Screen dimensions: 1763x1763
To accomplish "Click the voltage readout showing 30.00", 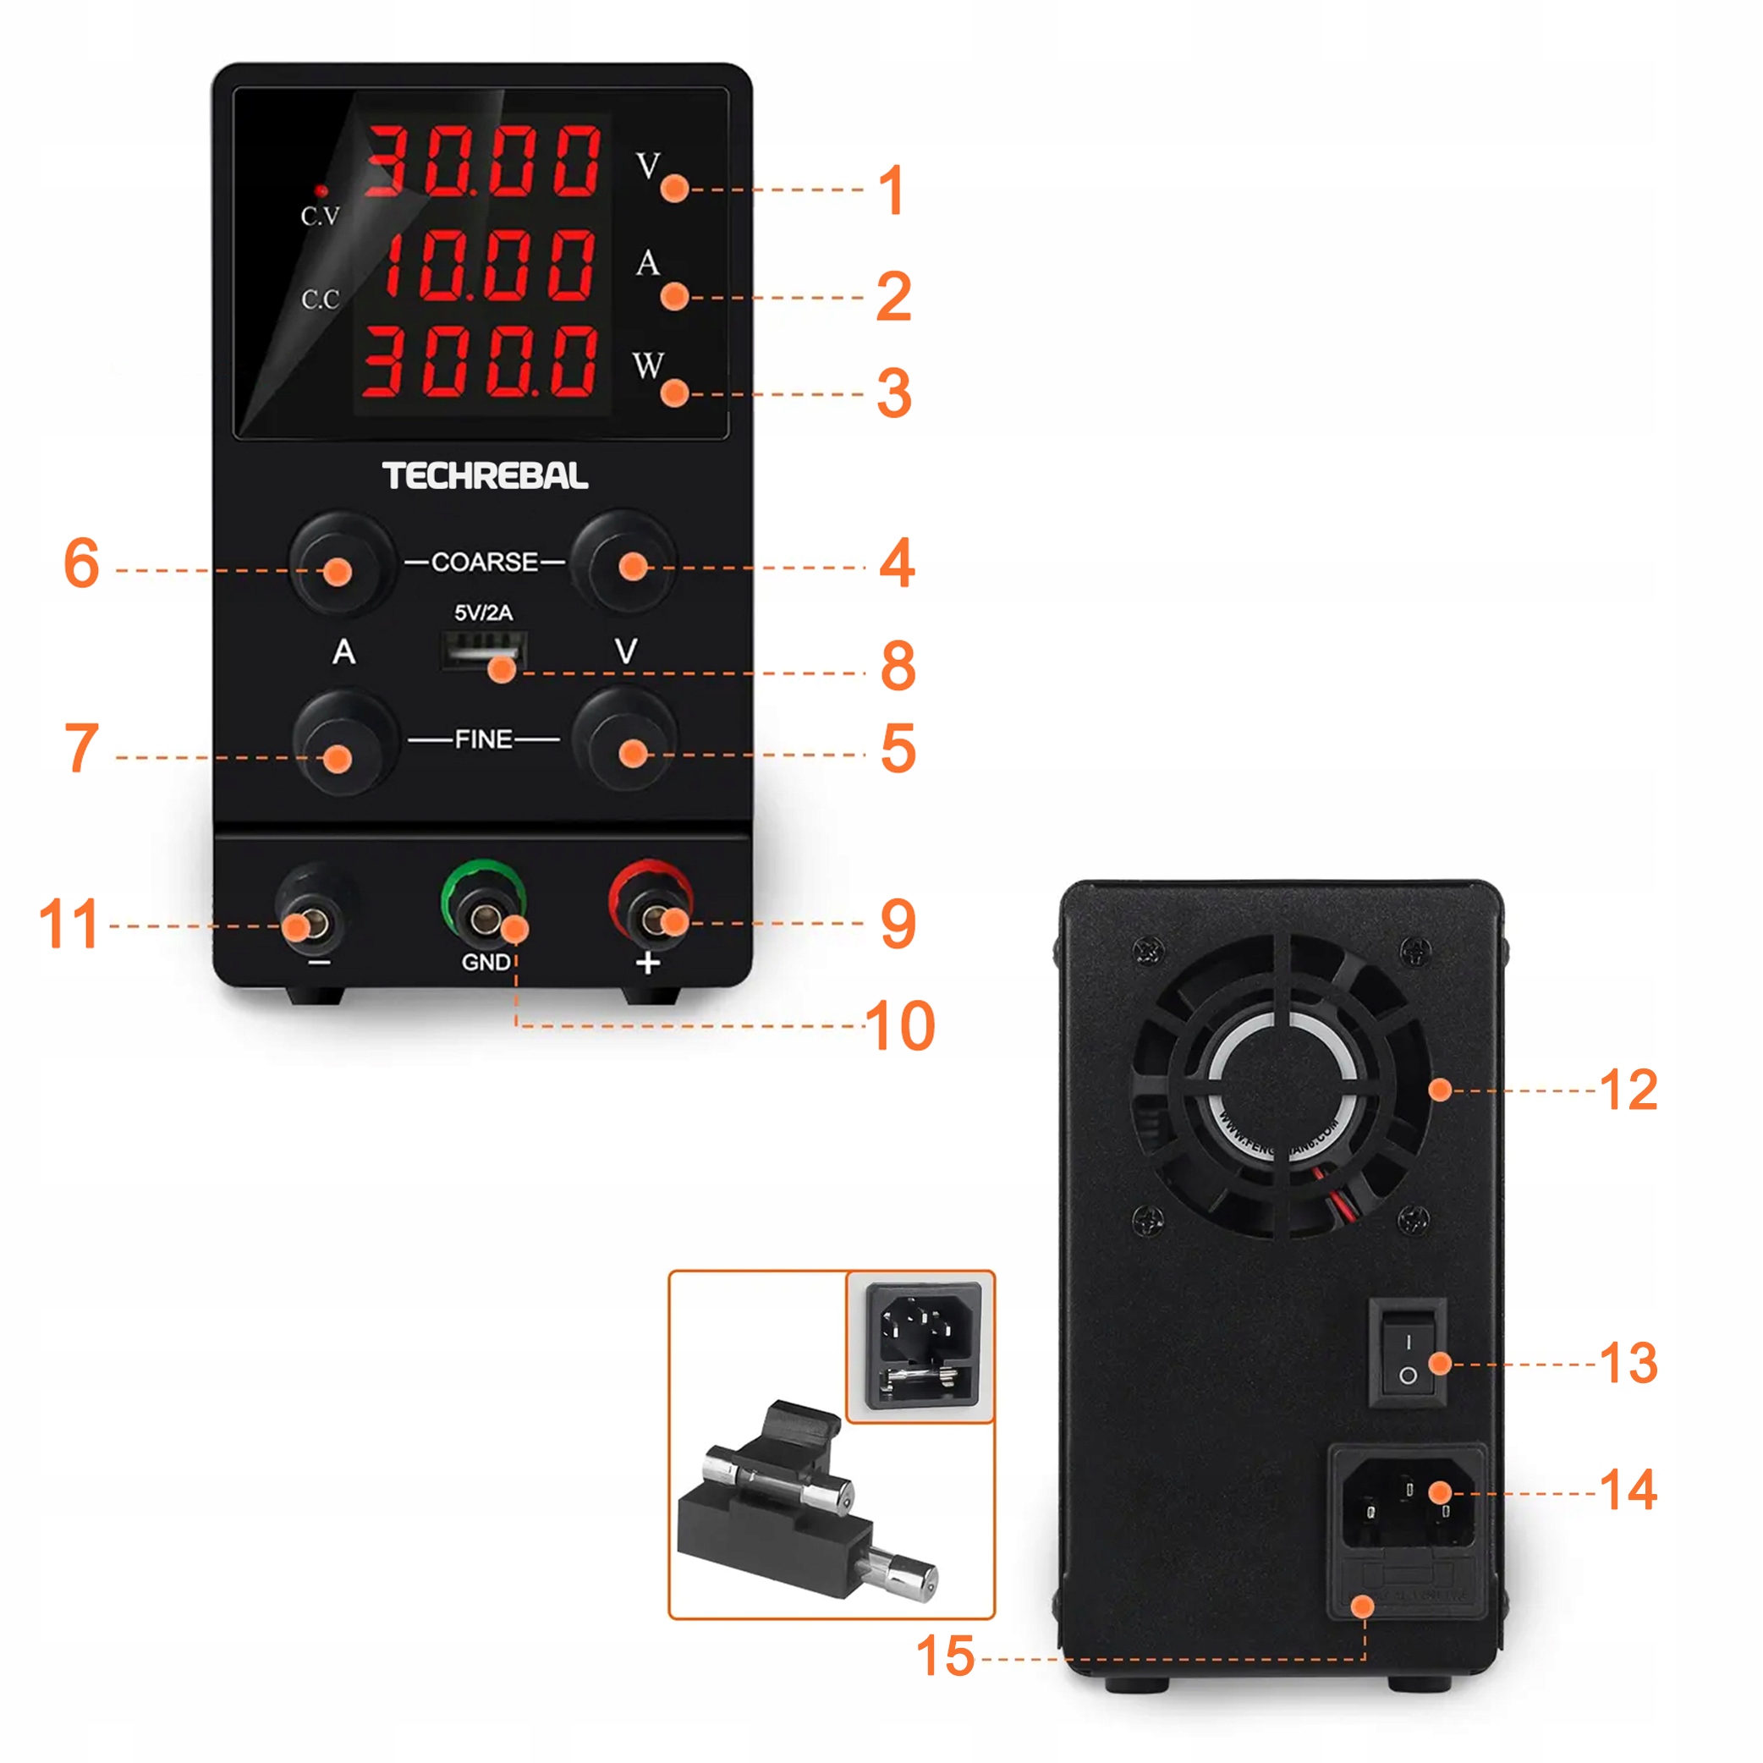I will (484, 162).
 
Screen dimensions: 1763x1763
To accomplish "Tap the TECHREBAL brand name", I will (485, 475).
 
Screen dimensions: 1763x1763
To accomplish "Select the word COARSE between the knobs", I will (485, 561).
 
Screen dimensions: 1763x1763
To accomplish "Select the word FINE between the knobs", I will (484, 739).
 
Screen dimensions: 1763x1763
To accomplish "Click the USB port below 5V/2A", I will (484, 651).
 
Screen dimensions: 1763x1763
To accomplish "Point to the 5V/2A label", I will (484, 612).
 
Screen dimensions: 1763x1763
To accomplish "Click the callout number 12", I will (1628, 1090).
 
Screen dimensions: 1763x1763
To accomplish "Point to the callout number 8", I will (898, 666).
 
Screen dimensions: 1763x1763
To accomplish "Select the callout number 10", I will (900, 1025).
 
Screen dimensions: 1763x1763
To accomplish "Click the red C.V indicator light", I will (321, 190).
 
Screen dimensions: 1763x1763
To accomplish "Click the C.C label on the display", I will (321, 299).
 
